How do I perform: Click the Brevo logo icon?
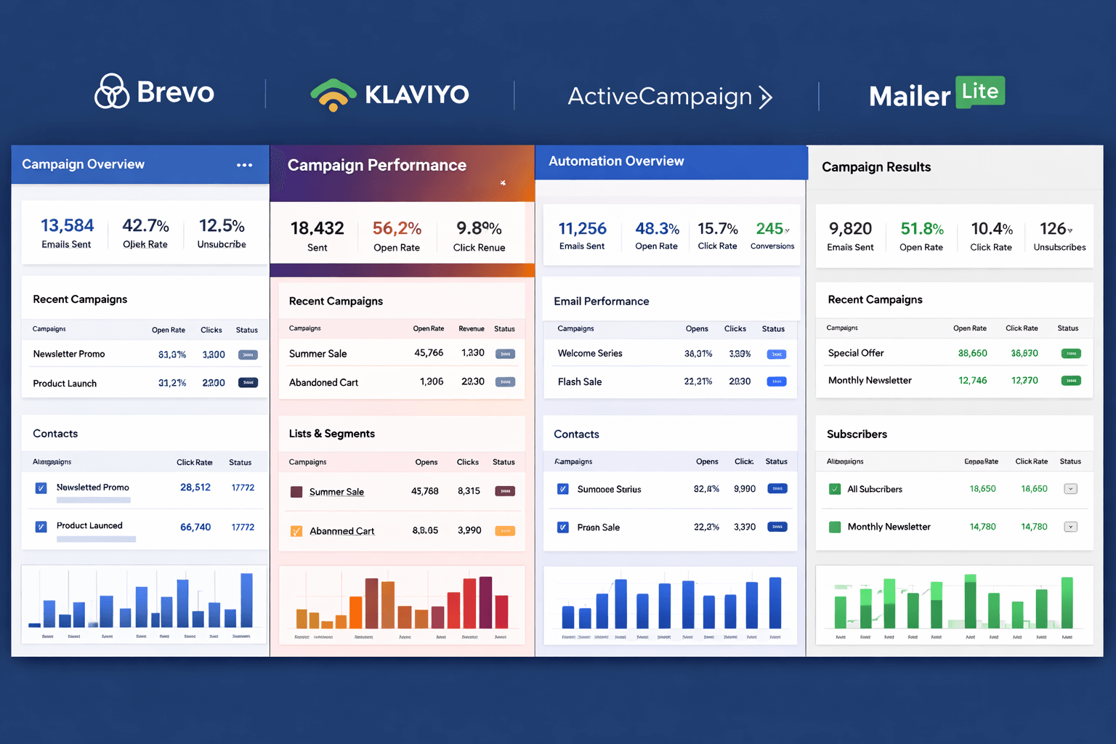112,92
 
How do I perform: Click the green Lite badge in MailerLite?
980,92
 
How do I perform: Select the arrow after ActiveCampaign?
765,97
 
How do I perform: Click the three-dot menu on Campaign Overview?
245,165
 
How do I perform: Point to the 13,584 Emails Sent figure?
67,226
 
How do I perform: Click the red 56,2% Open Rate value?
397,228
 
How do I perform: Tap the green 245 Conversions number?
769,229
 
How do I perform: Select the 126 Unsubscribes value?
1053,229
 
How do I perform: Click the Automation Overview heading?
616,161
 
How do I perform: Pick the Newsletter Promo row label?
69,354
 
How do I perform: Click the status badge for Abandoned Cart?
505,382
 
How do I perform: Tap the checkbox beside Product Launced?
41,527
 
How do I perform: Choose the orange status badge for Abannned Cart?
505,531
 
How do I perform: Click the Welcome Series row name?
590,353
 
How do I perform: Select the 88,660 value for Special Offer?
972,353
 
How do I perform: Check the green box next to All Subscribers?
835,489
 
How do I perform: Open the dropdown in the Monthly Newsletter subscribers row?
1070,527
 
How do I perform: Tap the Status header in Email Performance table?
773,329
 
